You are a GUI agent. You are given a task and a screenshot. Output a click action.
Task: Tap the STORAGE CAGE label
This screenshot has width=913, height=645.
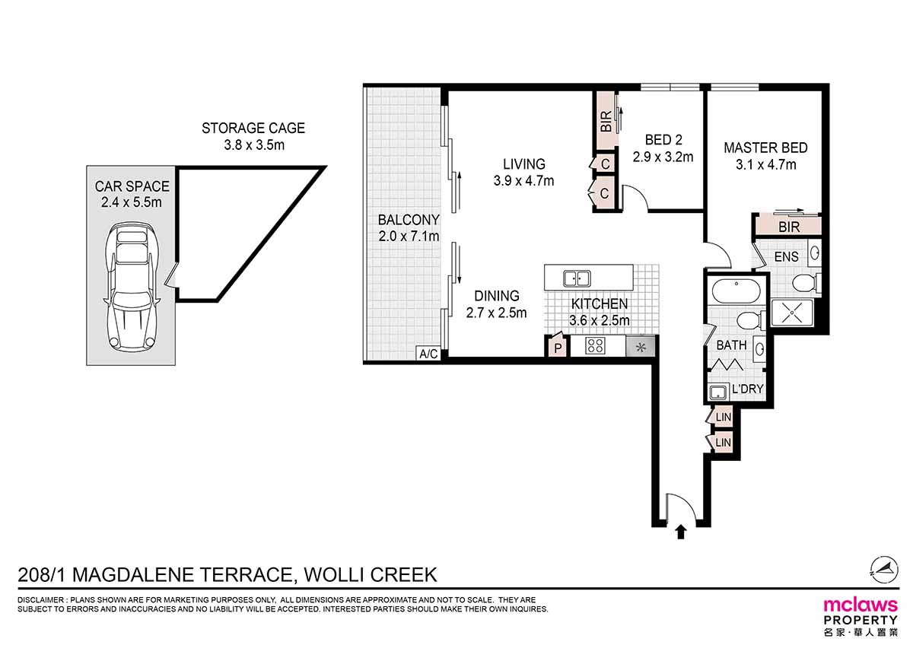click(253, 129)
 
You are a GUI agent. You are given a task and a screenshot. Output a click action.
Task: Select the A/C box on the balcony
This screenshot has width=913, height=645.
click(428, 354)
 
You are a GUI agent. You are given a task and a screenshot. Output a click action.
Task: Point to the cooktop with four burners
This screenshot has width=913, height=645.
click(595, 347)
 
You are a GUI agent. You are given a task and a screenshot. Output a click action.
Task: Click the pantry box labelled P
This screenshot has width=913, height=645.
click(557, 348)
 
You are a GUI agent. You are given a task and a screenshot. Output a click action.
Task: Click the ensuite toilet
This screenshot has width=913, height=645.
click(804, 284)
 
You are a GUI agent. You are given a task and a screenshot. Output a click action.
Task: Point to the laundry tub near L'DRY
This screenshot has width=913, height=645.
click(717, 392)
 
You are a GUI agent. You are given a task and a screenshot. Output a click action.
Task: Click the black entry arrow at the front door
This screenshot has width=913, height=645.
click(680, 532)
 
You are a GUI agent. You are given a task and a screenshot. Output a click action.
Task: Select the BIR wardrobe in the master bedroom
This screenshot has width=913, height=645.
click(787, 227)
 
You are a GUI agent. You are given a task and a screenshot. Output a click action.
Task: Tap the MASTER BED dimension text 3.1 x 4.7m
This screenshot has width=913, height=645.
click(765, 164)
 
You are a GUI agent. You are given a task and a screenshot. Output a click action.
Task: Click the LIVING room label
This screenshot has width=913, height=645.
click(523, 164)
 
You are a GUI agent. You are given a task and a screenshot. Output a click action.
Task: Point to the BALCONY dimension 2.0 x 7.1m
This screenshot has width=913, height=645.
click(409, 237)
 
